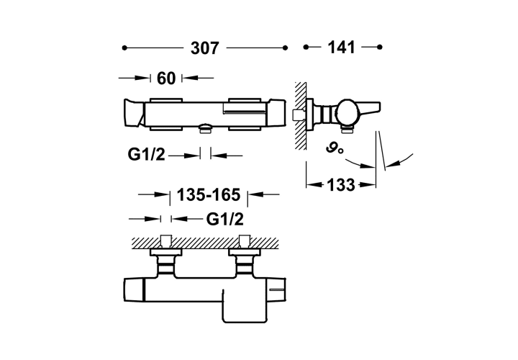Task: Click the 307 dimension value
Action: pos(205,48)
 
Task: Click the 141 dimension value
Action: pos(341,48)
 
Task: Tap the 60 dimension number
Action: pos(166,78)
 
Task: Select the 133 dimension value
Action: pos(341,185)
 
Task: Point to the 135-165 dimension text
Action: pos(209,194)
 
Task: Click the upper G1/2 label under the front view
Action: pos(146,154)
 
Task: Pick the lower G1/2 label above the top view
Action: pos(225,219)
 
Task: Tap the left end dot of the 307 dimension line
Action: pos(124,48)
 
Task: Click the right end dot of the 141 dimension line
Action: pos(380,47)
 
